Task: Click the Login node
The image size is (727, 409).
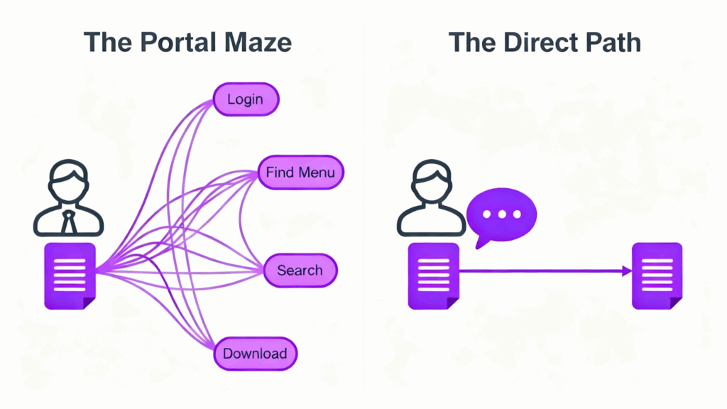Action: tap(246, 99)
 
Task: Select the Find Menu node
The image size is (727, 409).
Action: tap(300, 172)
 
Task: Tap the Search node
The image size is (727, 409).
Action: tap(300, 271)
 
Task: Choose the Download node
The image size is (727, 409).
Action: tap(255, 354)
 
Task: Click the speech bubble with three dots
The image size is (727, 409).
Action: tap(503, 214)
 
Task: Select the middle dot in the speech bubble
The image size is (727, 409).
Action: tap(503, 214)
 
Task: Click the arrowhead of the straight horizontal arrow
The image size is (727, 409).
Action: tap(626, 271)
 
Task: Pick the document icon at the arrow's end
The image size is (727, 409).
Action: tap(657, 276)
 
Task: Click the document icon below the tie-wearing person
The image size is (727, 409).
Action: tap(70, 276)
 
